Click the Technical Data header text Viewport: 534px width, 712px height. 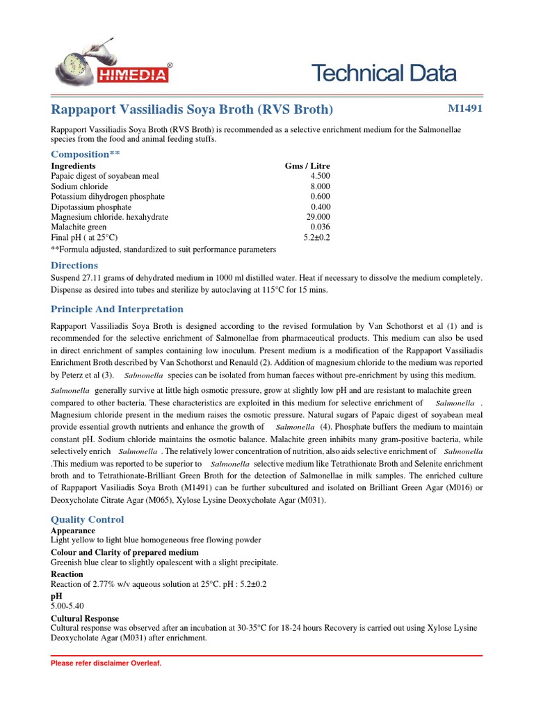[383, 72]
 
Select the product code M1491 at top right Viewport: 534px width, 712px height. [465, 108]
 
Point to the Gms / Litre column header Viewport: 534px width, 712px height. [307, 166]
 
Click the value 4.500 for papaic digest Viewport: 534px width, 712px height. [320, 177]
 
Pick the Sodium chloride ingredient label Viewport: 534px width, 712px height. [79, 186]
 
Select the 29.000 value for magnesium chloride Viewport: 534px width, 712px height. [318, 217]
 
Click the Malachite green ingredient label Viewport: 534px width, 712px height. [79, 227]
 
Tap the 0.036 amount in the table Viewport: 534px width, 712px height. [320, 227]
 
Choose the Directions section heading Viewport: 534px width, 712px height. [74, 266]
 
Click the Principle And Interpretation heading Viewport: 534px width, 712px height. [117, 309]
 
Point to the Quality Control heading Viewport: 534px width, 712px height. [88, 519]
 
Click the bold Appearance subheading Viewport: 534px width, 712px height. [73, 531]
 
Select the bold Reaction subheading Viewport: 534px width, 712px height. [67, 574]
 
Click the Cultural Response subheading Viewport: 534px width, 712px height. [85, 618]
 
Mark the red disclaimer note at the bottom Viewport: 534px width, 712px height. [106, 664]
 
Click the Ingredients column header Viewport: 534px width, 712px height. [73, 166]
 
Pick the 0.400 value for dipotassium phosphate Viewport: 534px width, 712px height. [320, 207]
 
